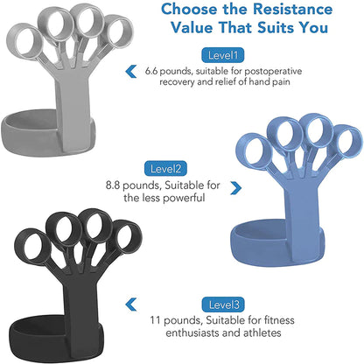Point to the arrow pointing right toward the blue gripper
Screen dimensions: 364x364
pos(234,187)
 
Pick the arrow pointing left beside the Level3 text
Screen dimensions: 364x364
pos(131,304)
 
